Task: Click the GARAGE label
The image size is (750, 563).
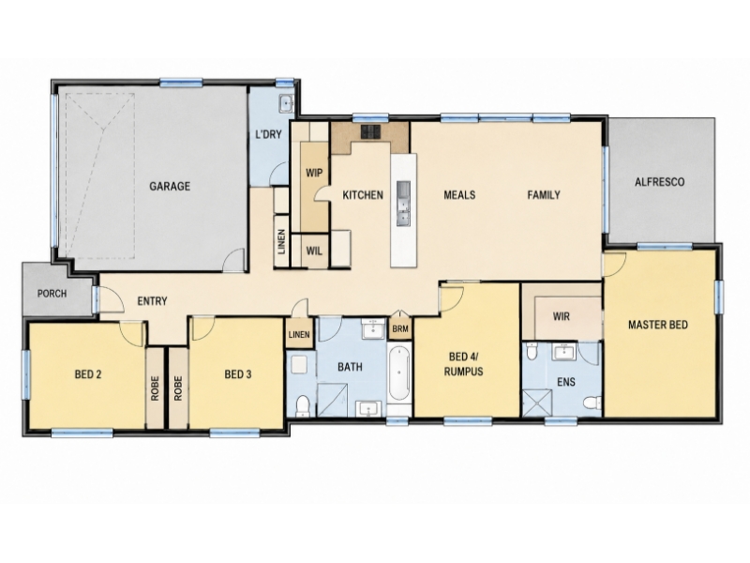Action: tap(170, 186)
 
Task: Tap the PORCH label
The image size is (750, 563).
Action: tap(52, 293)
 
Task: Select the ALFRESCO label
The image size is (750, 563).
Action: tap(660, 182)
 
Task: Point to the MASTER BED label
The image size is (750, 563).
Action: tap(658, 325)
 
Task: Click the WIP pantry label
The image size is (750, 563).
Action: tap(314, 173)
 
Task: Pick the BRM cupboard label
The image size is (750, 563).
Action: tap(400, 329)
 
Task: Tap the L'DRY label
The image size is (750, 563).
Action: tap(268, 134)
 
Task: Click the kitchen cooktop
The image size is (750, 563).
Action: tap(370, 131)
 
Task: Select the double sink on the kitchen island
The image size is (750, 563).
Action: tap(404, 203)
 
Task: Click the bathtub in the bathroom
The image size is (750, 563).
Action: tap(399, 373)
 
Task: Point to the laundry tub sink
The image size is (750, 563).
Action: tap(286, 103)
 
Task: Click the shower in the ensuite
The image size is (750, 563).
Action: tap(537, 403)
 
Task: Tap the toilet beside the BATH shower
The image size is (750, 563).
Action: tap(303, 406)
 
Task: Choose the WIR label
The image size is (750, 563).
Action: tap(561, 316)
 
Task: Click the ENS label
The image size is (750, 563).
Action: tap(566, 382)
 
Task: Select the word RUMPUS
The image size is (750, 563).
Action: tap(463, 371)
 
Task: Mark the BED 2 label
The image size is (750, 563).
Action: tap(88, 373)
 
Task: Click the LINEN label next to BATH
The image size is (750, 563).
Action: tap(299, 335)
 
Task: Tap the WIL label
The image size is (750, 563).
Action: tap(314, 251)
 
